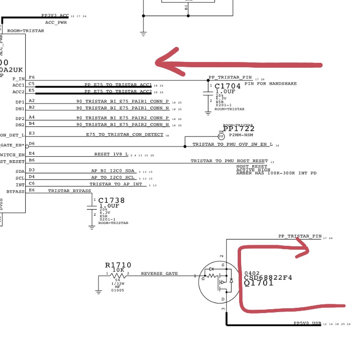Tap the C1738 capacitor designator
[x=111, y=200]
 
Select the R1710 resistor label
[x=118, y=265]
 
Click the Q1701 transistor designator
[x=259, y=284]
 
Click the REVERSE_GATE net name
[x=159, y=273]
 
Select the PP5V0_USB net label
[x=307, y=323]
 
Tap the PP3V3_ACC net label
[x=55, y=16]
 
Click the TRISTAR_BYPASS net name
[x=69, y=191]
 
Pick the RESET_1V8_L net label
[x=111, y=154]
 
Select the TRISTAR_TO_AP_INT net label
[x=116, y=184]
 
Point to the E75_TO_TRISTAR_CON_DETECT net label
[x=125, y=135]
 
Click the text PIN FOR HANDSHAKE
[x=271, y=84]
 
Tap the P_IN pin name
[x=18, y=78]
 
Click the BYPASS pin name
[x=15, y=192]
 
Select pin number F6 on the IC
[x=31, y=77]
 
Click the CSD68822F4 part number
[x=269, y=278]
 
